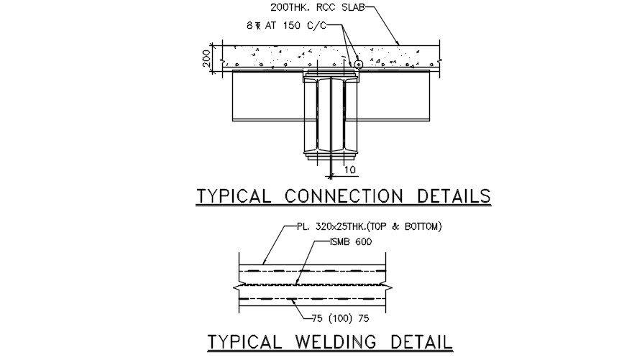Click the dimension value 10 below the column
click(349, 170)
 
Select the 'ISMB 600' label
click(347, 242)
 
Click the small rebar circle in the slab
click(357, 65)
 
